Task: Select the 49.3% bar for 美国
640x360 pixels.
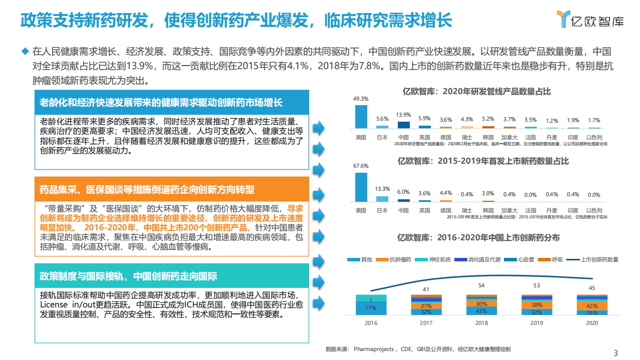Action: (361, 117)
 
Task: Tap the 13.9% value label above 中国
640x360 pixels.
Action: (403, 115)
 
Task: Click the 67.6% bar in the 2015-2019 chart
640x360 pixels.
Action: (361, 187)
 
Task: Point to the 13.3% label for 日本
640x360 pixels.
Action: (382, 189)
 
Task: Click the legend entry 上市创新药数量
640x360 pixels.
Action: (599, 259)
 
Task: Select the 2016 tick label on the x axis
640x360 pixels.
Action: (371, 323)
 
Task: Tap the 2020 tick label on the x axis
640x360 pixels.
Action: (592, 323)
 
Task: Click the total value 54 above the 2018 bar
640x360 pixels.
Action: (481, 285)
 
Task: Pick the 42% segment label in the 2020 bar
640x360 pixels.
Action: (592, 306)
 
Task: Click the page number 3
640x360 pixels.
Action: (615, 352)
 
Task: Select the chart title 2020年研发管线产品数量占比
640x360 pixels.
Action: (477, 92)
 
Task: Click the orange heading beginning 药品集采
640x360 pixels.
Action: (147, 190)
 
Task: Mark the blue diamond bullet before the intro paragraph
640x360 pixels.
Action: (25, 51)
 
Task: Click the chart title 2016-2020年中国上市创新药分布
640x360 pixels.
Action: (478, 237)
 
